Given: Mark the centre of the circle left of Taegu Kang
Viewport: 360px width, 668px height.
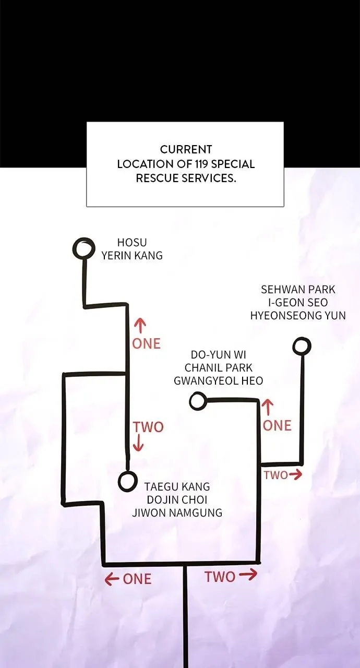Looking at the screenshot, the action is [128, 481].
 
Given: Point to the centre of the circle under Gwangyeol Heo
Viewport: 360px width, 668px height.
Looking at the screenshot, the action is [198, 401].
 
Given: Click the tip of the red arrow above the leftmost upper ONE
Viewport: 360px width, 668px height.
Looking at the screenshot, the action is [140, 319].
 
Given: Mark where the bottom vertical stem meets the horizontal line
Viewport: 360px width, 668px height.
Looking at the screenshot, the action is [185, 564].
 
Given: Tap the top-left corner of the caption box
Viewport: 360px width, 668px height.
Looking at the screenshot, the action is [87, 122].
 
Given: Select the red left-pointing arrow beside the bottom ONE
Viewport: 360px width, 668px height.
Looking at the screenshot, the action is [112, 579].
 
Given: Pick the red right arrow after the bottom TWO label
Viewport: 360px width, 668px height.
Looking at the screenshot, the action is [248, 575].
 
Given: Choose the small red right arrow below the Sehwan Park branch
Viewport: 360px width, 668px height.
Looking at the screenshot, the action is [295, 475].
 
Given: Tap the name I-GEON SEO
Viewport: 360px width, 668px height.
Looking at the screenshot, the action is [298, 303].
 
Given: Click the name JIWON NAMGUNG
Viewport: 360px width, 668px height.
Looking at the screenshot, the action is [177, 512].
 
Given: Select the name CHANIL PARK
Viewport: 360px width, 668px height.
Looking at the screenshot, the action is [219, 368].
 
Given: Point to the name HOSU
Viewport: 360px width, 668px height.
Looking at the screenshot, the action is [132, 243].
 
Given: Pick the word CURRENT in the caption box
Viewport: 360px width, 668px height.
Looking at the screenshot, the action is [186, 149].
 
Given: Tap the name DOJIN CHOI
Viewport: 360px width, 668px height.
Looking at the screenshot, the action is [177, 499].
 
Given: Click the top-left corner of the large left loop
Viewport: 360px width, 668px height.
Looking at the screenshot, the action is [64, 374].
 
